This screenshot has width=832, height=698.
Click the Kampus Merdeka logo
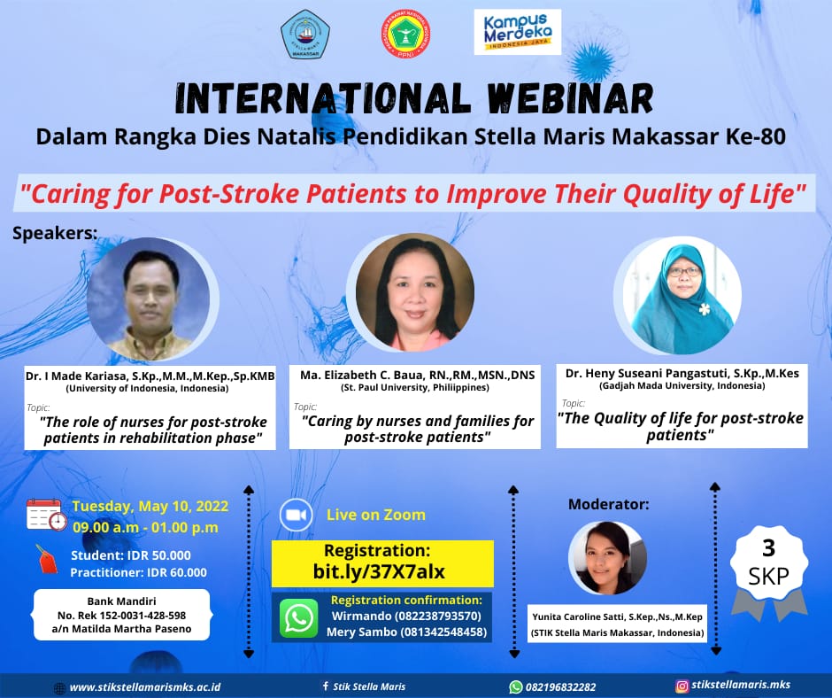click(x=518, y=33)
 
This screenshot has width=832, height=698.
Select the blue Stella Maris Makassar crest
click(x=305, y=34)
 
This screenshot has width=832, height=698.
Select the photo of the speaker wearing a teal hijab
click(x=681, y=296)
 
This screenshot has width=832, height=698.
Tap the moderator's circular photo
click(x=607, y=557)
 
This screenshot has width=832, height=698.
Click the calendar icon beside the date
click(x=47, y=515)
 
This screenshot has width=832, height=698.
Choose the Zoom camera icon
click(x=297, y=515)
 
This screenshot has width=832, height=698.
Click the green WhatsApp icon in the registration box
click(x=299, y=617)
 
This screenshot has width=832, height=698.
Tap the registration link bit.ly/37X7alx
click(x=379, y=571)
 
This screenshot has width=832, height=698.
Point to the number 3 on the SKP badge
click(x=768, y=548)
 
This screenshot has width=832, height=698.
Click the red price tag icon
click(x=47, y=559)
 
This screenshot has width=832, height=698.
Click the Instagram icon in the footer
click(x=682, y=686)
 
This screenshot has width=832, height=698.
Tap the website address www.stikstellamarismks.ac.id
click(x=145, y=686)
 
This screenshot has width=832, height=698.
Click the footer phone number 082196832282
click(x=560, y=686)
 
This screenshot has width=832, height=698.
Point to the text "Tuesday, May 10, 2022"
click(x=150, y=506)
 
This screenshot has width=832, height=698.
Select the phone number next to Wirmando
click(x=438, y=616)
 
